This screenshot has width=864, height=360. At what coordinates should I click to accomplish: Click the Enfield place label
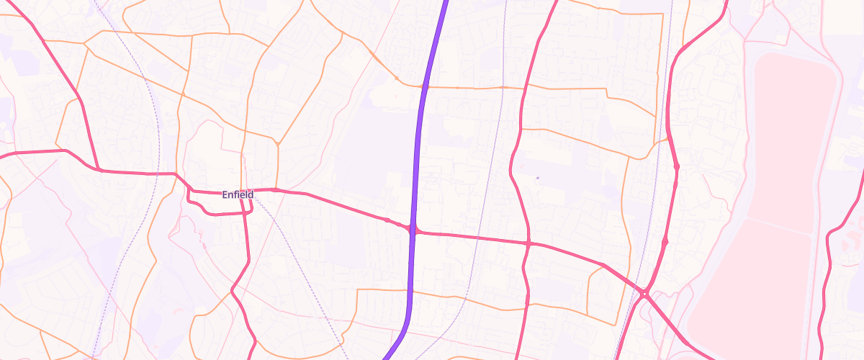tap(238, 194)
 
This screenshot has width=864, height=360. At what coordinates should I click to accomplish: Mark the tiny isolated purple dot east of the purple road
tap(537, 177)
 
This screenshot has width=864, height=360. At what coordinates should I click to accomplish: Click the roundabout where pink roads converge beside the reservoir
tap(645, 293)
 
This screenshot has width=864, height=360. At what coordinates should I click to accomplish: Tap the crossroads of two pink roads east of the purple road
tap(528, 244)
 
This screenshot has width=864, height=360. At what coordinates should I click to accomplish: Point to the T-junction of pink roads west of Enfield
tap(99, 170)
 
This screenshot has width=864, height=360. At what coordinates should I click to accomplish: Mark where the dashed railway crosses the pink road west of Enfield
tap(156, 173)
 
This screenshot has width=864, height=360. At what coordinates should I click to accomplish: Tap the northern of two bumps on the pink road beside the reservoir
tap(676, 167)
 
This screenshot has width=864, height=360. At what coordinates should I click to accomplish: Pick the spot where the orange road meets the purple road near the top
tap(423, 86)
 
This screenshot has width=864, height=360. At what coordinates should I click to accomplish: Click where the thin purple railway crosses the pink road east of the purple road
tap(478, 238)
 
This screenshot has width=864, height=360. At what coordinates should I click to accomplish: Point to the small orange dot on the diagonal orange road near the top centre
tap(396, 77)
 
